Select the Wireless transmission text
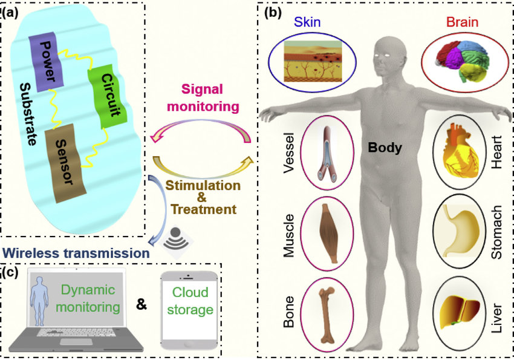[x=75, y=252]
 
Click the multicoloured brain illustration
[x=463, y=59]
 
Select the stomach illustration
[x=461, y=228]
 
